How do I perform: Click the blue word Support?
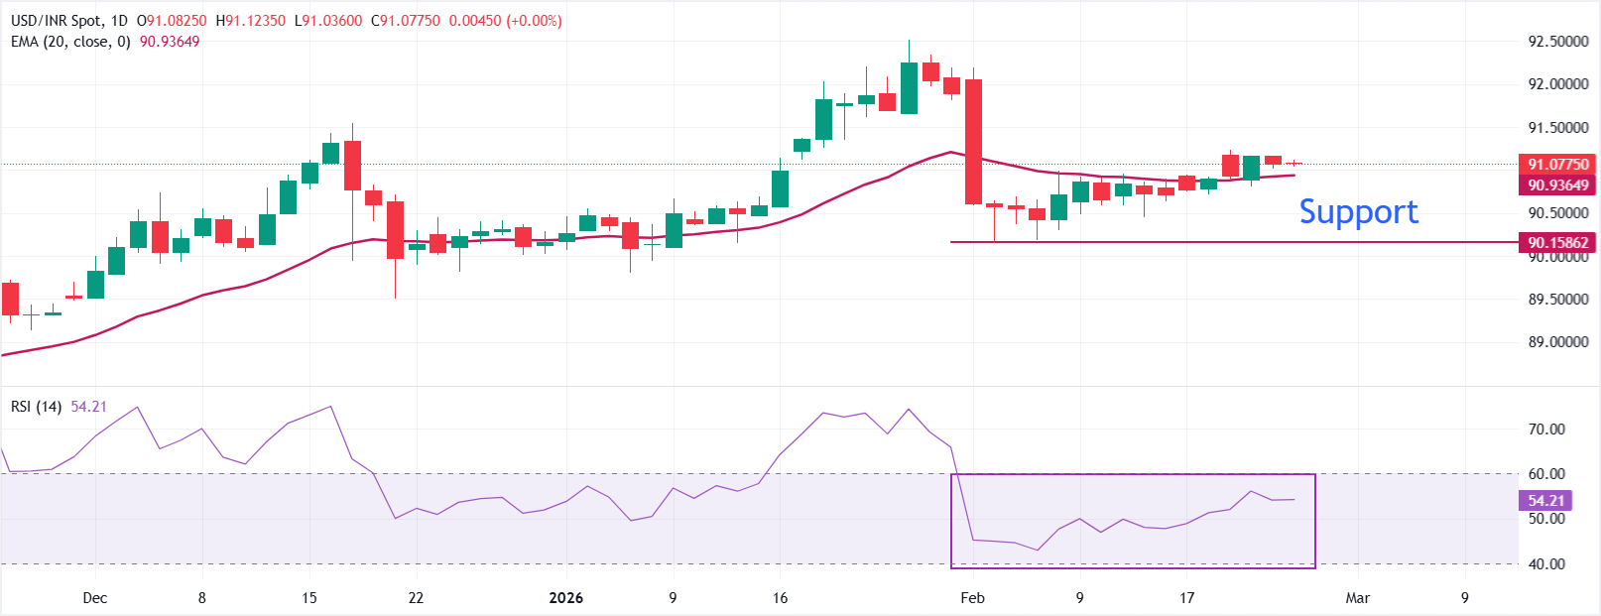(1358, 211)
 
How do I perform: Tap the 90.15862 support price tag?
(1557, 242)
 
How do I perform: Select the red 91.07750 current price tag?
(1557, 164)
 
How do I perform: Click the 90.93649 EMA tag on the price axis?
(1557, 185)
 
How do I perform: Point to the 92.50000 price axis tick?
(1557, 42)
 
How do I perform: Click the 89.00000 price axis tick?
(1557, 342)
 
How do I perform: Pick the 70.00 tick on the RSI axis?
(1546, 430)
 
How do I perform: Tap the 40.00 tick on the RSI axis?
(1546, 564)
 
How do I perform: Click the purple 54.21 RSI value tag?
(1545, 501)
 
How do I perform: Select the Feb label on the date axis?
(972, 598)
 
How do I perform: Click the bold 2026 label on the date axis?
(566, 598)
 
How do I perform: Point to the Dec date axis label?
(95, 598)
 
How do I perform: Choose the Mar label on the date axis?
(1357, 598)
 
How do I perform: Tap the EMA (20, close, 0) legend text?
(70, 42)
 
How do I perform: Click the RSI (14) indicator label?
(37, 407)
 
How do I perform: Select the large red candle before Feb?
(973, 141)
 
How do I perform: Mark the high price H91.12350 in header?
(251, 21)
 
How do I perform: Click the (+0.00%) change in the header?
(534, 21)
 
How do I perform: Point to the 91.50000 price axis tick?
(1557, 128)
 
